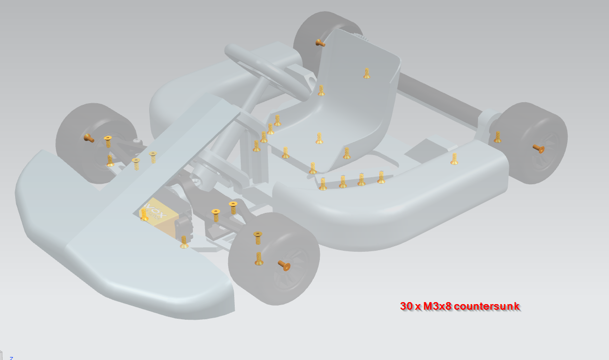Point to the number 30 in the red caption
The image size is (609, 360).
tap(406, 306)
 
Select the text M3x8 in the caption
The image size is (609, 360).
tap(434, 306)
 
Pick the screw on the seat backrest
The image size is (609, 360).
tap(367, 74)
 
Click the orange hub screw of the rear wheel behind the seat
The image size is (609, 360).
tap(319, 43)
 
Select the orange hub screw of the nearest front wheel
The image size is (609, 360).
tap(284, 265)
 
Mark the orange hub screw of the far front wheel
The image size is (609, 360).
tap(89, 137)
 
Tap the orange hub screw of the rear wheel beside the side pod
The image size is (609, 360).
tap(538, 148)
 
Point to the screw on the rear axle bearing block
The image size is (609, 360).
tap(498, 137)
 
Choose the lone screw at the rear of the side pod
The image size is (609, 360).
tap(454, 159)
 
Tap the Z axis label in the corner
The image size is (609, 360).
tap(11, 357)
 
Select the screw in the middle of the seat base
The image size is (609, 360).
tap(319, 138)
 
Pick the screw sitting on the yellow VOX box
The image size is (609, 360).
tap(145, 215)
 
